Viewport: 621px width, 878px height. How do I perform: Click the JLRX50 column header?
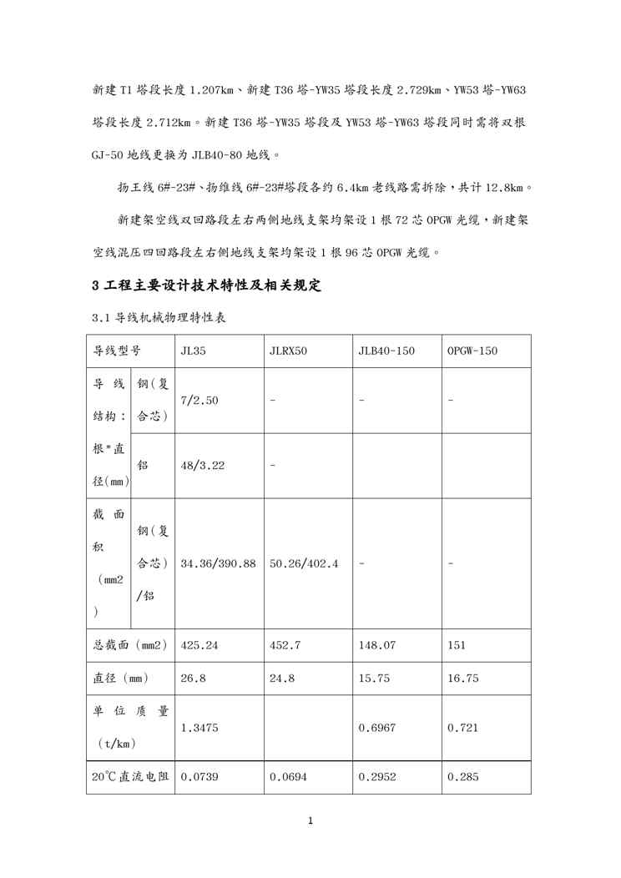click(288, 351)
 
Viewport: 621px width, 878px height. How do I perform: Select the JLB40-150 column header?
click(386, 351)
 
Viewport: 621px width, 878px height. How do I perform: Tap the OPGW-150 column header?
click(472, 351)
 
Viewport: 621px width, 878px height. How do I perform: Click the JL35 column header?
click(193, 351)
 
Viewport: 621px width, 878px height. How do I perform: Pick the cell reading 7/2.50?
click(199, 401)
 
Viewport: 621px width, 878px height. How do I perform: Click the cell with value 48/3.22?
click(202, 466)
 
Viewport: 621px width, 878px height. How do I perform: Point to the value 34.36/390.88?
click(218, 563)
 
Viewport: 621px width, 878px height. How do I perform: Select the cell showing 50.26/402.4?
click(304, 563)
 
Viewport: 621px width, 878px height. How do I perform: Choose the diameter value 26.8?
click(192, 679)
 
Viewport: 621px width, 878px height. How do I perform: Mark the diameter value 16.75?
click(463, 679)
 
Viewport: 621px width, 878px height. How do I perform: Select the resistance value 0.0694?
click(288, 777)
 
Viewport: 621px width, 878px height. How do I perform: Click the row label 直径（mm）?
click(120, 679)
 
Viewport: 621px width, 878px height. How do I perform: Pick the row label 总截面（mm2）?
click(129, 645)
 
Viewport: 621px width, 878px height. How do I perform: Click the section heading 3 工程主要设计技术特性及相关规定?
click(206, 286)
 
